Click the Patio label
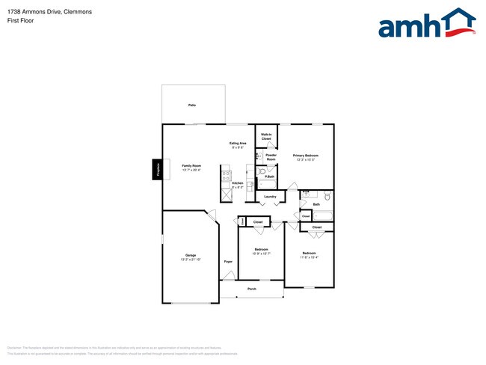point(191,105)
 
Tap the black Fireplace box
point(158,170)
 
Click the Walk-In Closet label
point(265,136)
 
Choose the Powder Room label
point(271,157)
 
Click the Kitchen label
point(237,184)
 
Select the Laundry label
point(270,197)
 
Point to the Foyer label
point(228,261)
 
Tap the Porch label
point(252,288)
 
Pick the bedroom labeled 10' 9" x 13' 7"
point(261,251)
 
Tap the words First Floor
point(21,21)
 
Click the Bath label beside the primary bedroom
point(316,203)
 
